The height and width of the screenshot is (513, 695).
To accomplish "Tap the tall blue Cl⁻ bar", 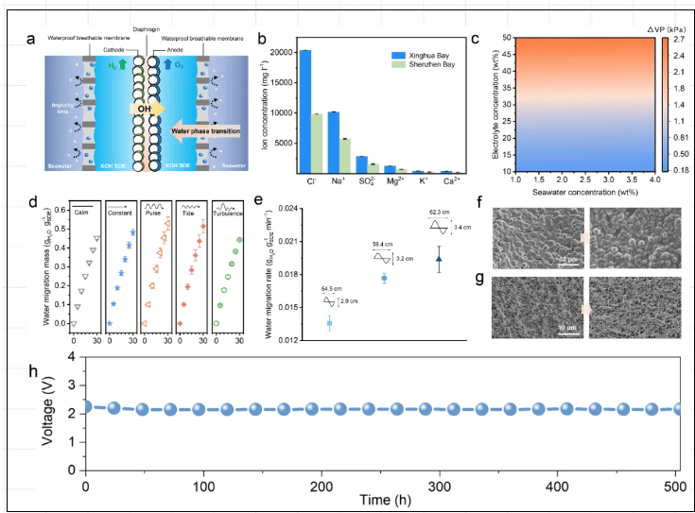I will coord(304,111).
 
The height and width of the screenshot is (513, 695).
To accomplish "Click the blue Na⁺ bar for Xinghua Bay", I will coord(333,143).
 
